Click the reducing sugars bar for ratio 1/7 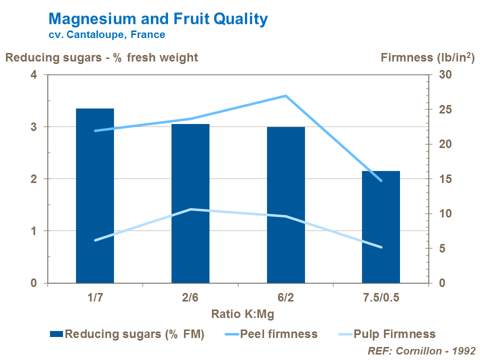pos(95,195)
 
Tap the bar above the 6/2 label pos(285,205)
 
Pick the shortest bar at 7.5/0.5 pos(381,227)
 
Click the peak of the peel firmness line pos(285,95)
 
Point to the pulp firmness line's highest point pos(190,209)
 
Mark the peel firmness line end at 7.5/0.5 pos(381,180)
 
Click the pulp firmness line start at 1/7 pos(95,240)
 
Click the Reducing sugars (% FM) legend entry pos(127,334)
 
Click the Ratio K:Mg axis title pos(242,314)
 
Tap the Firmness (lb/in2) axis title pos(427,57)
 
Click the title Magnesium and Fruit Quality pos(158,19)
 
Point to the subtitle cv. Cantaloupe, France pos(106,35)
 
